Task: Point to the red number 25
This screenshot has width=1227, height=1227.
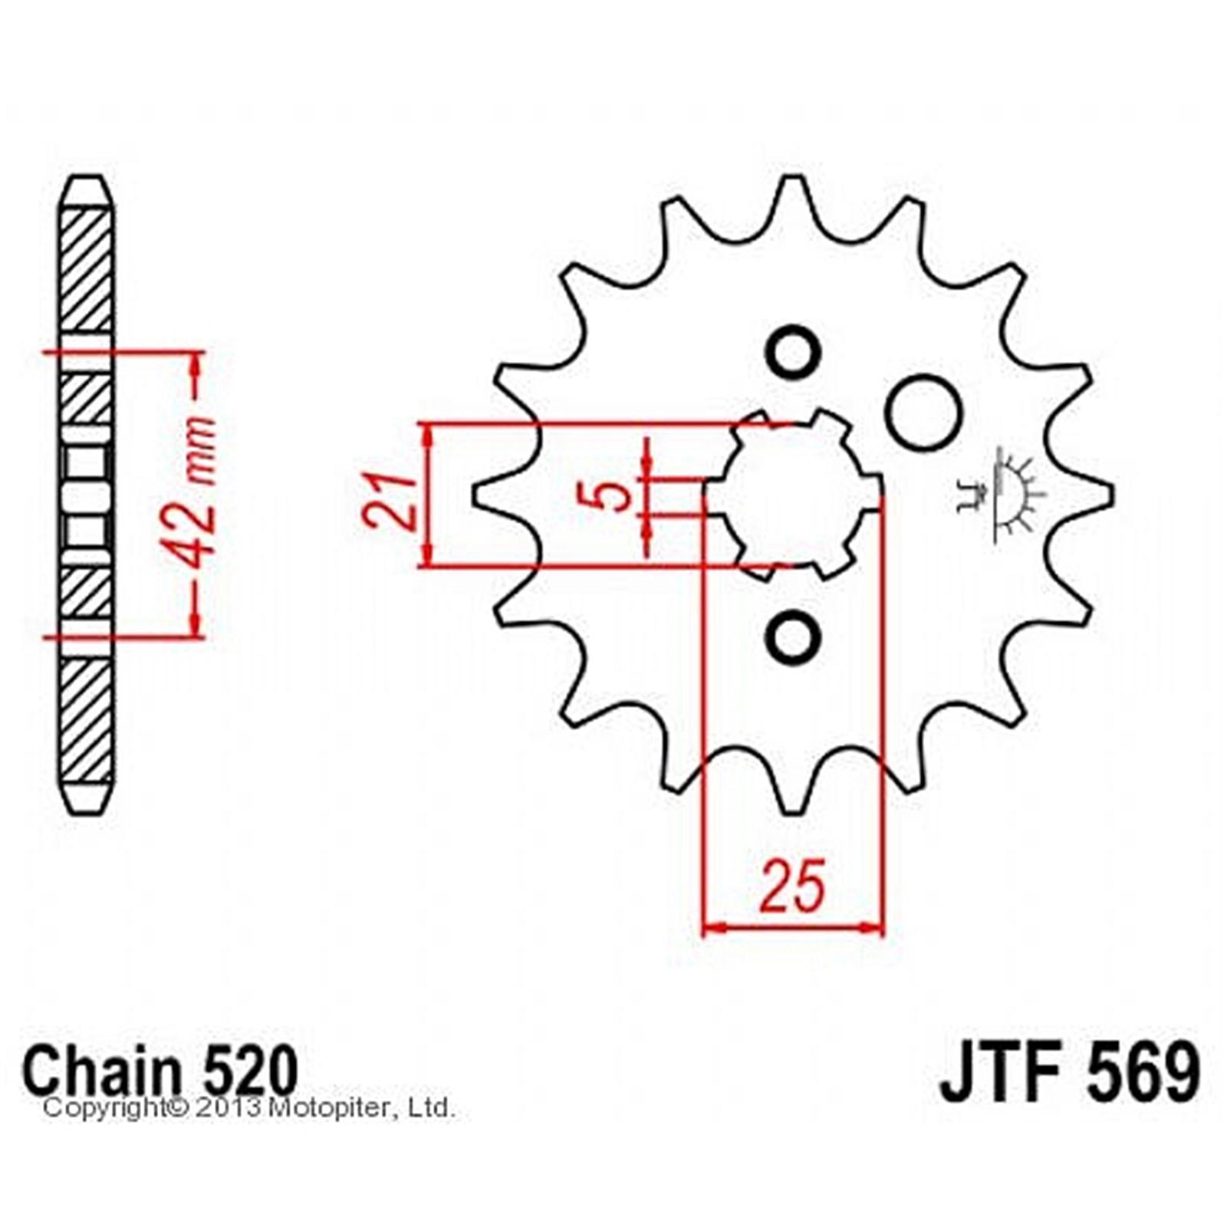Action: [x=793, y=887]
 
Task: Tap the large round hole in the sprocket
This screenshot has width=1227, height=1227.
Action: [x=925, y=411]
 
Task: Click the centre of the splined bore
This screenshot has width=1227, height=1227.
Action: [x=793, y=495]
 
